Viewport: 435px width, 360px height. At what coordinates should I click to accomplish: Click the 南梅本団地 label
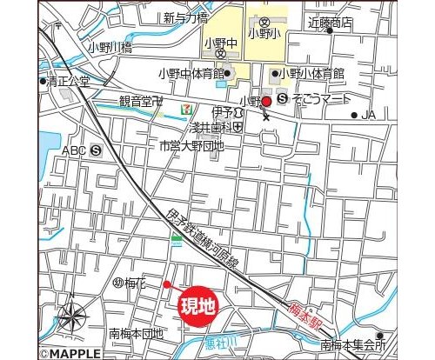(136, 334)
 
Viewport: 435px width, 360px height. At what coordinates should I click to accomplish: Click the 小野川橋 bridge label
(110, 49)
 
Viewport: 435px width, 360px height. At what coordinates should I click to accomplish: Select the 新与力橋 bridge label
(185, 17)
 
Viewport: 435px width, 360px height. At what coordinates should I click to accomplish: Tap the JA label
(367, 115)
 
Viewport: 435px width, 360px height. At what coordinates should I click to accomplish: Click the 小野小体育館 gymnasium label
(312, 74)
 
